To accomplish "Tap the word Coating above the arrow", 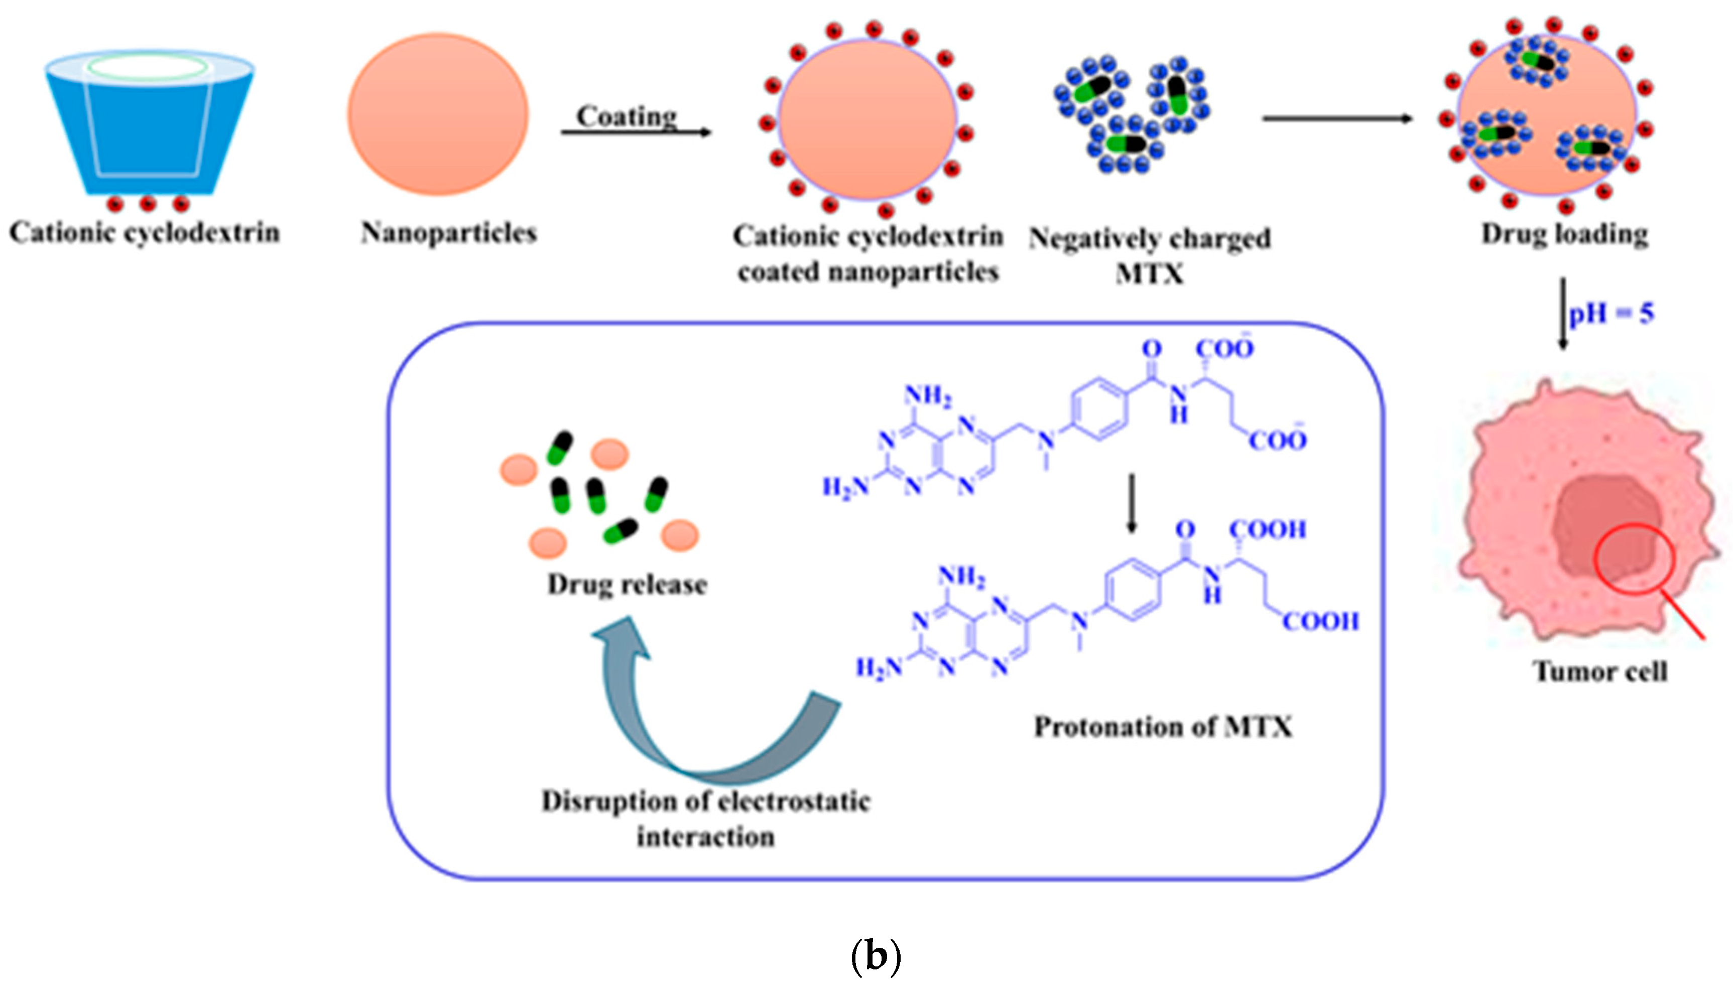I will tap(627, 116).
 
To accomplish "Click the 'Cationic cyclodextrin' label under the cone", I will tap(145, 233).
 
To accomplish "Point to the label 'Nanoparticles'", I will tap(448, 233).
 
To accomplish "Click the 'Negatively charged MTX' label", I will tap(1150, 255).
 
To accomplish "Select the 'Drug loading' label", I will tap(1565, 234).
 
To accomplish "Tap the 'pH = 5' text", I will tap(1611, 314).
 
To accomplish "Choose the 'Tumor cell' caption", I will tap(1600, 672).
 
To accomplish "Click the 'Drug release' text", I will tap(627, 585).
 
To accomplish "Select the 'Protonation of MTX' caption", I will tap(1163, 727).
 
